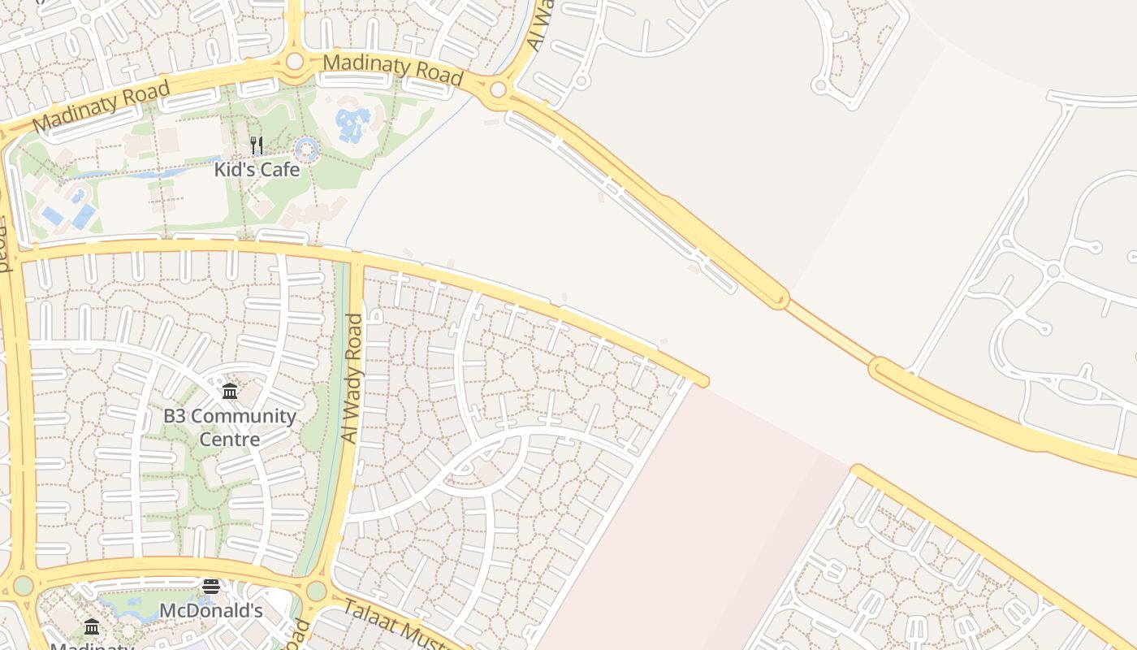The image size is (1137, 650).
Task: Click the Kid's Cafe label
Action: tap(257, 170)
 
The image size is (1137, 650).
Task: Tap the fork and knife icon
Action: tap(257, 145)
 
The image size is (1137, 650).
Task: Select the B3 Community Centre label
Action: tap(230, 427)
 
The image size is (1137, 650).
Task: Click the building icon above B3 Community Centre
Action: tap(230, 392)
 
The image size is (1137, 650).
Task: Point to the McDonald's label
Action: tap(211, 610)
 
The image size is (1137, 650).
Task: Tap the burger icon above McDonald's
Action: tap(211, 586)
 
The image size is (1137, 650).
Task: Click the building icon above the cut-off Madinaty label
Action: tap(92, 626)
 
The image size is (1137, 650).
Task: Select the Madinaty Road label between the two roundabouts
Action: tap(393, 69)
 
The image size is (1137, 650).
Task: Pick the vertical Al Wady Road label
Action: tap(352, 379)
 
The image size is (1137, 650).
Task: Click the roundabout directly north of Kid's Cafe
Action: tap(294, 61)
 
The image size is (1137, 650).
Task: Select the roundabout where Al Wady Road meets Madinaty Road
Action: tap(498, 89)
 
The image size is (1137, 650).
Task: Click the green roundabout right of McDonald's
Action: tap(316, 591)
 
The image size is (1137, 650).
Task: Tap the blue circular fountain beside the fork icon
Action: tap(306, 149)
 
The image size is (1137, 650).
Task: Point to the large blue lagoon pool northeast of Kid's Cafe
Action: tap(352, 124)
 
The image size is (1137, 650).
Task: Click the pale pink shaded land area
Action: tap(690, 528)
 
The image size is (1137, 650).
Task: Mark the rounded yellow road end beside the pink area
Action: tap(702, 381)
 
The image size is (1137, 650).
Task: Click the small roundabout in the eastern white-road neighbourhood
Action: tap(1053, 271)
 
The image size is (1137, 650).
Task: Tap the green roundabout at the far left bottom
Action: tap(23, 586)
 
